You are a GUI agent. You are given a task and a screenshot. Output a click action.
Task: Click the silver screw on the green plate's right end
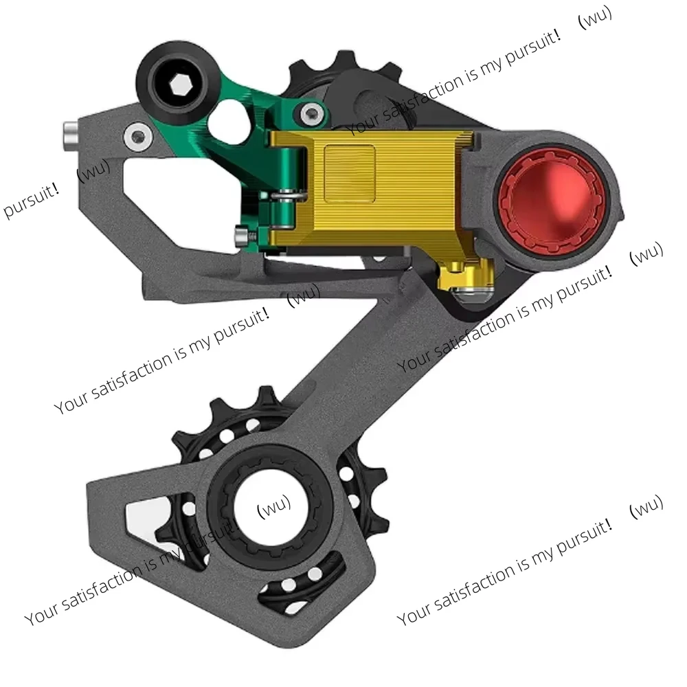tap(313, 112)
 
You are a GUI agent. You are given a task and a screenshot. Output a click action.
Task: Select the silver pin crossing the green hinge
tap(284, 196)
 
